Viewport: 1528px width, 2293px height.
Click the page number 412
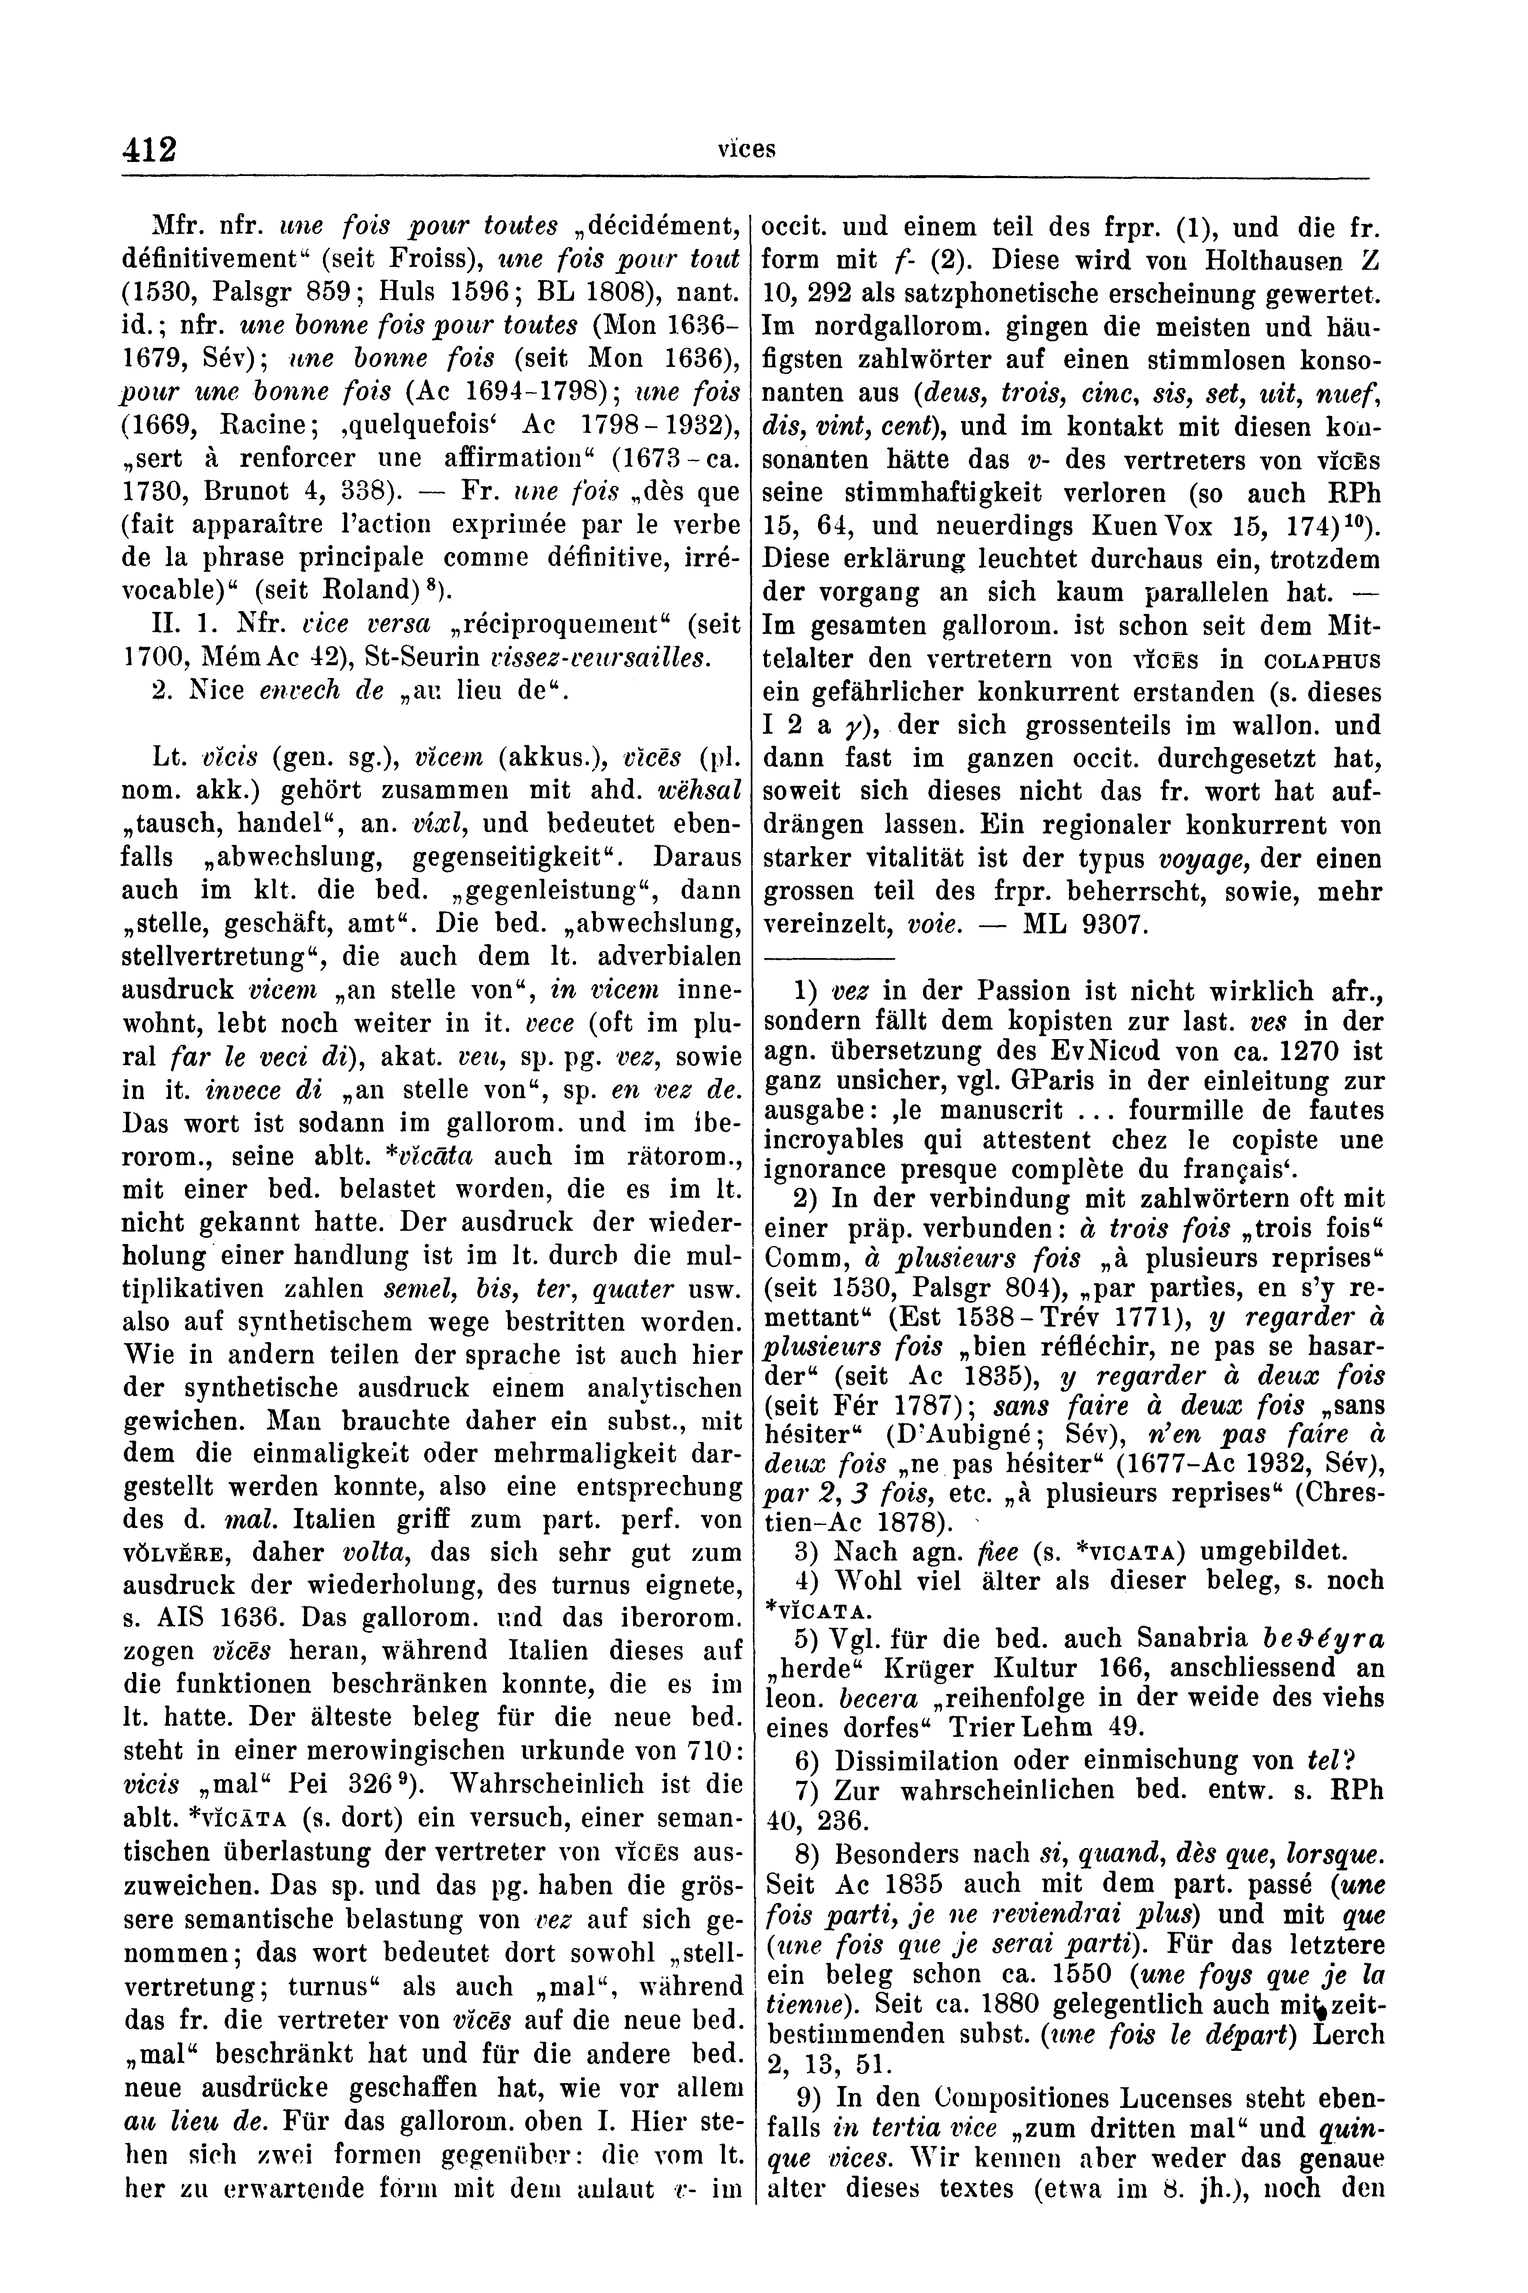(149, 149)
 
